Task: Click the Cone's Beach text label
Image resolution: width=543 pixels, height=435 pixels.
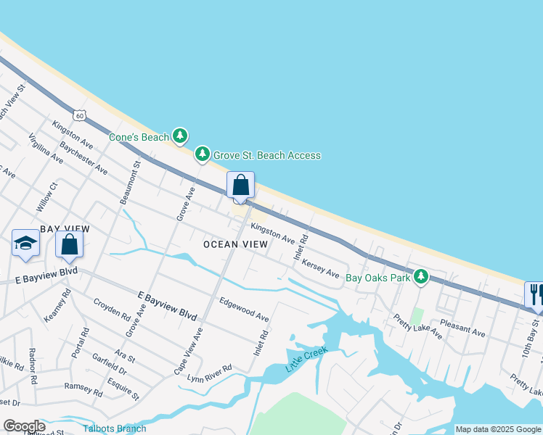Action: (x=139, y=136)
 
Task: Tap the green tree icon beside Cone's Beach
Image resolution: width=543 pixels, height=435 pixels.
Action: (x=180, y=136)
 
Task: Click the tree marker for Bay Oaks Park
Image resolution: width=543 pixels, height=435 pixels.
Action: (x=420, y=276)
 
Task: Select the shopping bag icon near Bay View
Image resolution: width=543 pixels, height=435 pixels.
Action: (x=69, y=244)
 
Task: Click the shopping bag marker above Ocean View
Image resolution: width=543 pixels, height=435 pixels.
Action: (x=240, y=186)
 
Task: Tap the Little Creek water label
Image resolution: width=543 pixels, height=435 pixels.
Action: (x=306, y=360)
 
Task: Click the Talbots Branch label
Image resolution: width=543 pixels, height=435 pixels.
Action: (x=114, y=428)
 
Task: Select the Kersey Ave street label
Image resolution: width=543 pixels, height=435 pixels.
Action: (x=320, y=270)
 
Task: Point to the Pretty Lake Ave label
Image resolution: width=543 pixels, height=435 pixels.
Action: (x=417, y=327)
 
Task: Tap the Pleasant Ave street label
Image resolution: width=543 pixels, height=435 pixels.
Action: (x=462, y=328)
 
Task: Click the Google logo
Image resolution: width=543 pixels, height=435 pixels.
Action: (x=23, y=426)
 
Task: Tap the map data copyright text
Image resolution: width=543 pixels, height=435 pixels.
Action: (x=497, y=429)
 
